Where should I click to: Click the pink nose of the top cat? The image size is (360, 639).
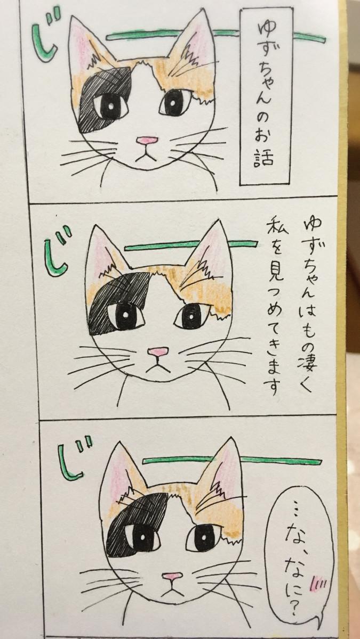(x=147, y=141)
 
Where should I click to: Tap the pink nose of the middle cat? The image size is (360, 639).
(x=158, y=351)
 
